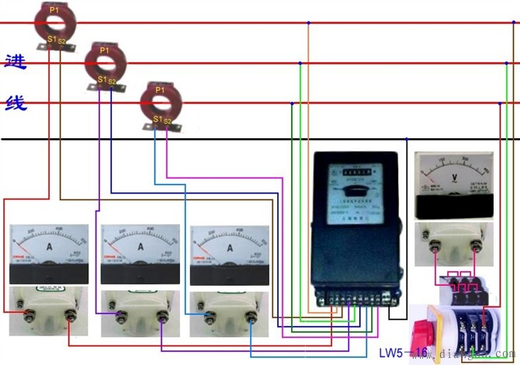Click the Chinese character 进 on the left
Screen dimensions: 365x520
pos(16,62)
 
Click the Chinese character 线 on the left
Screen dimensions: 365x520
pos(16,102)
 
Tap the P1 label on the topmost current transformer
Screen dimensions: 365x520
pos(53,9)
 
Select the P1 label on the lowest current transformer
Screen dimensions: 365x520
pos(160,91)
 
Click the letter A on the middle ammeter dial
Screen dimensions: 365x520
pos(140,246)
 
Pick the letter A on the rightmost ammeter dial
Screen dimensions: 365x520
pos(230,246)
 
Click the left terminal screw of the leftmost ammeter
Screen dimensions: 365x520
pos(29,314)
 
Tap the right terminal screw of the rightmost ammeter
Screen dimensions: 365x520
pos(251,314)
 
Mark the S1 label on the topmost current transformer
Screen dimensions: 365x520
pos(51,39)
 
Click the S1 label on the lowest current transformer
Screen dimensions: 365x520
pos(158,120)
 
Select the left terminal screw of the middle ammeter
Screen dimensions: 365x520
pos(119,314)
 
